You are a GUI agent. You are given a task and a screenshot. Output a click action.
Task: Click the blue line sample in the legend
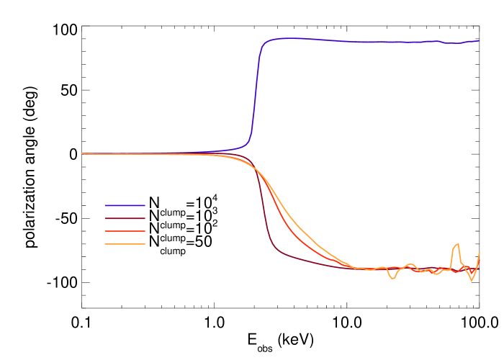pyautogui.click(x=125, y=205)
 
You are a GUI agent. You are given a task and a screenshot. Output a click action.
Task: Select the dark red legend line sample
pyautogui.click(x=125, y=218)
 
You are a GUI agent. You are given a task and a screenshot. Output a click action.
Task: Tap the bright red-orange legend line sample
pyautogui.click(x=125, y=231)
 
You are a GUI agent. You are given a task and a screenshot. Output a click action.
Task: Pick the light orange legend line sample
pyautogui.click(x=125, y=244)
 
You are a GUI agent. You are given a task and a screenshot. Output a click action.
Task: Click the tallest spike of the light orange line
pyautogui.click(x=457, y=243)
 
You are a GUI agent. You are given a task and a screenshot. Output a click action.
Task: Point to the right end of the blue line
pyautogui.click(x=479, y=40)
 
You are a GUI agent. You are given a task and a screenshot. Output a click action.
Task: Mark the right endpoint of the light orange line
pyautogui.click(x=479, y=253)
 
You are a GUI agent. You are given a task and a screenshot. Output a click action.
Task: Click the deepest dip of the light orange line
pyautogui.click(x=472, y=280)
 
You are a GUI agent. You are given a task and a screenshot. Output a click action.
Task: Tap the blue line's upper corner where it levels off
pyautogui.click(x=264, y=43)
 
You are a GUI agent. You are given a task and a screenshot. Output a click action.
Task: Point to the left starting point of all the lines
pyautogui.click(x=82, y=153)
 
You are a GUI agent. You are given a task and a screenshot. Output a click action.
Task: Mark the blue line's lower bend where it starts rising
pyautogui.click(x=248, y=143)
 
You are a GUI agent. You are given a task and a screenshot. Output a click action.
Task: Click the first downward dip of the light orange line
pyautogui.click(x=392, y=278)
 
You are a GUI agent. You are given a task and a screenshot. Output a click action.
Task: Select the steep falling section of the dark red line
pyautogui.click(x=261, y=209)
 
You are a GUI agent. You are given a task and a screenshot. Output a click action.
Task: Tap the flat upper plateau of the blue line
pyautogui.click(x=360, y=41)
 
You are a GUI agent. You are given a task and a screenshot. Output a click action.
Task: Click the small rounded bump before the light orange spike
pyautogui.click(x=410, y=264)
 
